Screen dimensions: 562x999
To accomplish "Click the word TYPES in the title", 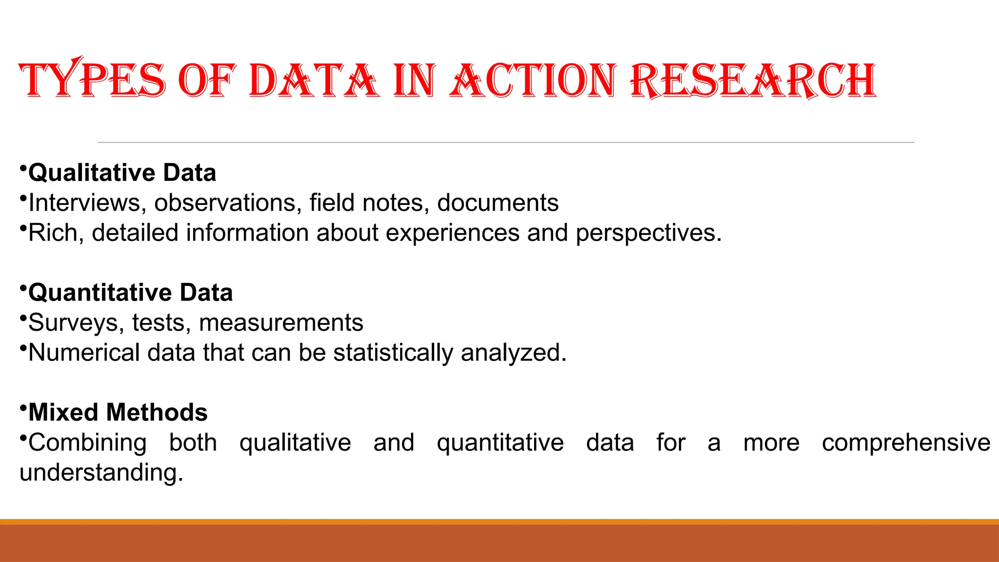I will pyautogui.click(x=93, y=80).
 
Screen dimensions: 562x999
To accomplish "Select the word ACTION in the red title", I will pyautogui.click(x=533, y=80).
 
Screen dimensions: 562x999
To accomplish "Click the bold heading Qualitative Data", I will pyautogui.click(x=122, y=173).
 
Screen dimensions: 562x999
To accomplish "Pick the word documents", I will pyautogui.click(x=498, y=203).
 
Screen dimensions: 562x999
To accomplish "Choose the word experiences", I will pyautogui.click(x=453, y=233).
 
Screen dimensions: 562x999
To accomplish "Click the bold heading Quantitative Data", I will pyautogui.click(x=130, y=293).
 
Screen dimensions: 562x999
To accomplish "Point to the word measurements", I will pyautogui.click(x=281, y=323).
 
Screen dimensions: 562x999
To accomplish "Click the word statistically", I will pyautogui.click(x=393, y=353).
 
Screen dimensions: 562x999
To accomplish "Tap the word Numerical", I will pyautogui.click(x=84, y=353).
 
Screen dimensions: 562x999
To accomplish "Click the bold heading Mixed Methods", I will pyautogui.click(x=118, y=413).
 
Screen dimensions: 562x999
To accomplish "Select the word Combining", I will pyautogui.click(x=87, y=443).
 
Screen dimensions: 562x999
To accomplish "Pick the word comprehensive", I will pyautogui.click(x=906, y=443).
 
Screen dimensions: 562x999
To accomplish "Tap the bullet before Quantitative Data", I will pyautogui.click(x=23, y=288).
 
